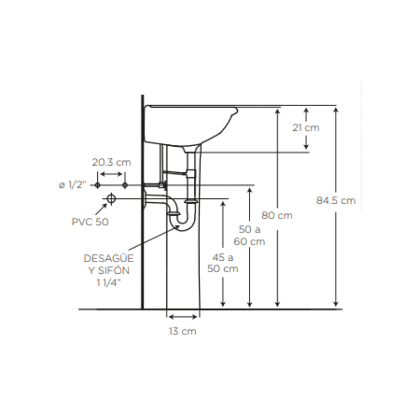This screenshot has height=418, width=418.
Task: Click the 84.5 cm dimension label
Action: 336,201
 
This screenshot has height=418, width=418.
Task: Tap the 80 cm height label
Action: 277,215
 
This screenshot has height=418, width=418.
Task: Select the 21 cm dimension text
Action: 306,127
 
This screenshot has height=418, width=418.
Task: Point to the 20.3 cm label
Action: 111,162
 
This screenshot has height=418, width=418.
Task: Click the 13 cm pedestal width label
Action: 182,331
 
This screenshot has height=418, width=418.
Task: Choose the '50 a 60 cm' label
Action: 250,236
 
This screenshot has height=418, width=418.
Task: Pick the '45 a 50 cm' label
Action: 223,263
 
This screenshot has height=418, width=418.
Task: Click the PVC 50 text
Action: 90,222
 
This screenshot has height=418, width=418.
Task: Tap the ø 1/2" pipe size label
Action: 73,185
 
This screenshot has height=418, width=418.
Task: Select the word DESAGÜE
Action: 109,258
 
